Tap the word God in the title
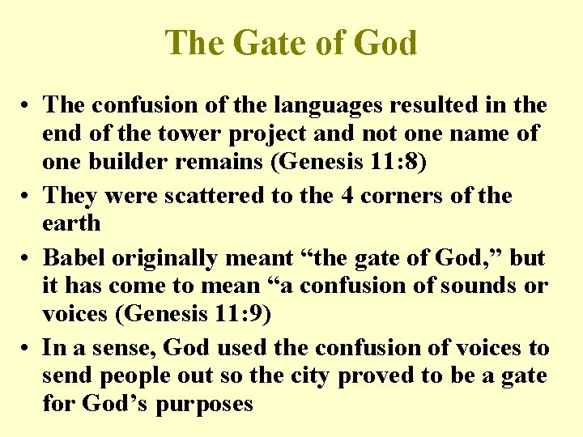click(385, 42)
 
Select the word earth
click(71, 223)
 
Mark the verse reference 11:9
click(243, 314)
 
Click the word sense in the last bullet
click(126, 349)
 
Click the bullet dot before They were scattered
click(28, 196)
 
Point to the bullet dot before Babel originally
click(28, 259)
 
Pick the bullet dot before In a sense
click(28, 349)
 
